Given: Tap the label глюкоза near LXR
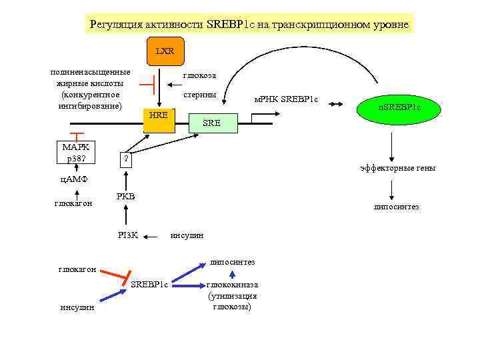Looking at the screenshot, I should tap(199, 75).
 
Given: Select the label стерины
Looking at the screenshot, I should tap(200, 95).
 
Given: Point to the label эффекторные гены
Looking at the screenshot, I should tap(399, 168).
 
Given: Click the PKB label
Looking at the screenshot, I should tap(125, 196).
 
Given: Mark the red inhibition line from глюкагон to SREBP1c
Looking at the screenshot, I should tap(118, 274).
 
